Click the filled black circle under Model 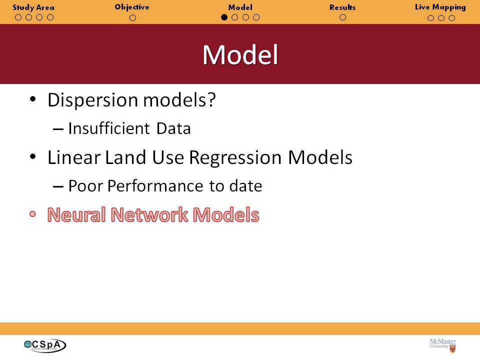coord(224,17)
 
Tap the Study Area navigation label coord(33,7)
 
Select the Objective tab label coord(132,7)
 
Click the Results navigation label coord(342,7)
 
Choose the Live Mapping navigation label coord(440,7)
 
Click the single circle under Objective coord(132,18)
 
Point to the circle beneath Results coord(343,17)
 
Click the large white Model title coord(240,55)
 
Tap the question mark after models coord(211,99)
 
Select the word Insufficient coord(109,128)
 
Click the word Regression coord(235,158)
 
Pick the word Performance coord(155,186)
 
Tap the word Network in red coord(149,214)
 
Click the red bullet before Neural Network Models coord(33,214)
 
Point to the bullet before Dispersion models coord(33,99)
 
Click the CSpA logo coord(44,345)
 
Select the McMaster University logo coord(443,345)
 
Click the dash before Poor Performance coord(58,186)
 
